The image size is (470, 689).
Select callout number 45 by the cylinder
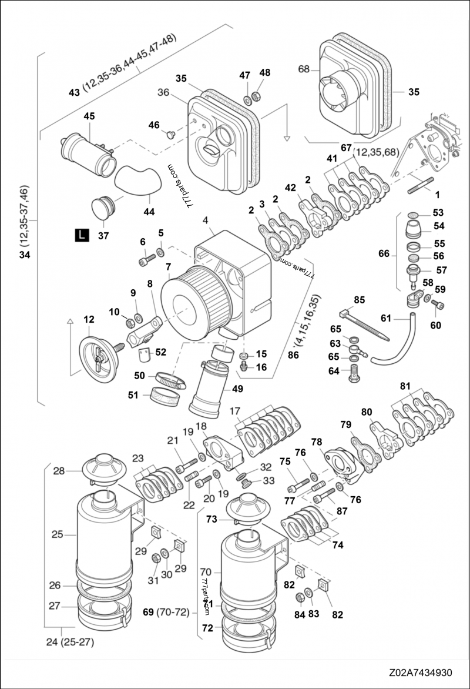(x=89, y=116)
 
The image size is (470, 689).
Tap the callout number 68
(x=303, y=69)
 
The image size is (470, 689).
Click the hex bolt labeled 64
(x=354, y=373)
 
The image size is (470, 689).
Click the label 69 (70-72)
(x=166, y=612)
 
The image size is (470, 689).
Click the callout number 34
(x=24, y=254)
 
